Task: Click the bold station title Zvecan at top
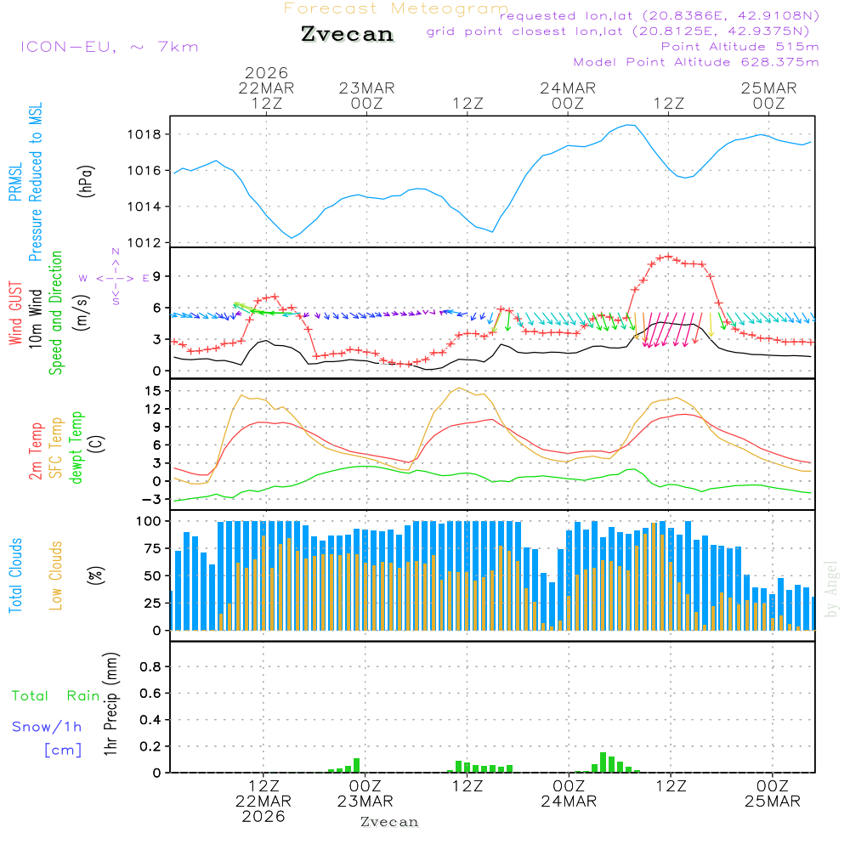coord(348,34)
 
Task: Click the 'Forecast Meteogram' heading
coord(396,9)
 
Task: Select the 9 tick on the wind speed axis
coord(156,276)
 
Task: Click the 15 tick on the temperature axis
coord(151,391)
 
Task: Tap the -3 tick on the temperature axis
coord(151,499)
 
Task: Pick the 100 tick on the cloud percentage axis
coord(148,521)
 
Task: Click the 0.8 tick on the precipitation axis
coord(150,667)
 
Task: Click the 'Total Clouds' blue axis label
coord(15,575)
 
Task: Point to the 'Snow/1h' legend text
coord(47,727)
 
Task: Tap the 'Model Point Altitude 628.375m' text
coord(696,62)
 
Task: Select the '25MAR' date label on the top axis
coord(768,88)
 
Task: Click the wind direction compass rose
coord(116,277)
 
